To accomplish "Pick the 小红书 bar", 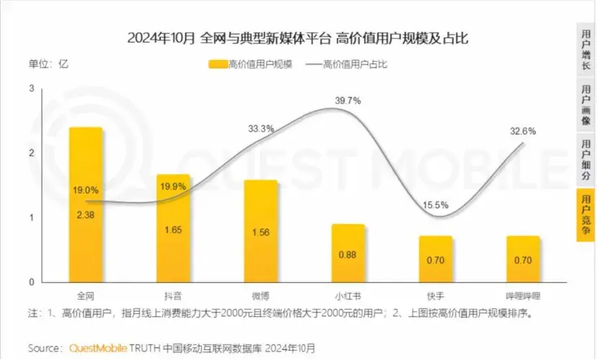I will (x=348, y=253).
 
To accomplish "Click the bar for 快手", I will (x=436, y=258).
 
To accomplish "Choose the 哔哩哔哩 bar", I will (x=523, y=258).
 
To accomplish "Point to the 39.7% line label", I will (x=348, y=101).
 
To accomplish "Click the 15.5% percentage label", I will (x=436, y=205).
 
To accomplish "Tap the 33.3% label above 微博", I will (x=261, y=129).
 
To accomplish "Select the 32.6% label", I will (x=523, y=131).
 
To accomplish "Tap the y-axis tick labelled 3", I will (x=32, y=88).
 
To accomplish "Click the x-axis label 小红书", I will (x=348, y=296).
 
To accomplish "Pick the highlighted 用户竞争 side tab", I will (x=586, y=216).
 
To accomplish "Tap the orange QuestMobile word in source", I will (x=98, y=348).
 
